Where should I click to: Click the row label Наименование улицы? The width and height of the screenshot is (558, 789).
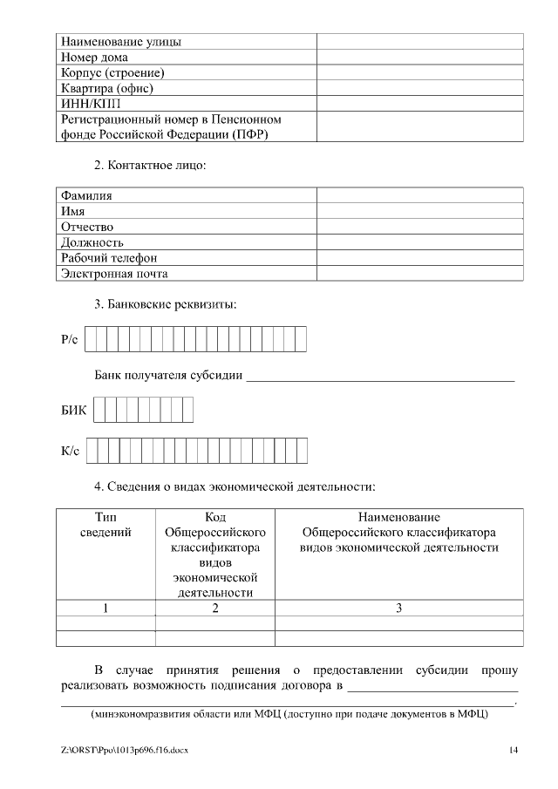tap(121, 41)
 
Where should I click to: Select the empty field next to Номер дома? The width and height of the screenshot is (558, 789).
tap(419, 57)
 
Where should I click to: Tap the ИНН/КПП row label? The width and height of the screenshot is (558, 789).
tap(85, 104)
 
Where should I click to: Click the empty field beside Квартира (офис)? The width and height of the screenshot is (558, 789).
tap(419, 88)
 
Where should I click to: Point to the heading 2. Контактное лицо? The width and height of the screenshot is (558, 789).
tap(150, 166)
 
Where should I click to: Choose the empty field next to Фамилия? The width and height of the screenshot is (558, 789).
tap(419, 195)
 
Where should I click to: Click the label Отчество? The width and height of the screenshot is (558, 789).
tap(87, 227)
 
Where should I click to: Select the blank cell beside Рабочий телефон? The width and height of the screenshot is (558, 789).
tap(419, 258)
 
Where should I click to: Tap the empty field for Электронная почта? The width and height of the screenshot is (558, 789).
tap(419, 274)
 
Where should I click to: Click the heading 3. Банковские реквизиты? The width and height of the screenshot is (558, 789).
tap(165, 305)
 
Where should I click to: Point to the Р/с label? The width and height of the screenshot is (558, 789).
tap(70, 338)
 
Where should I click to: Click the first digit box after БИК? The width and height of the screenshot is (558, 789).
tap(99, 410)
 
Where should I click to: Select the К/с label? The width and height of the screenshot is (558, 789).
tap(70, 451)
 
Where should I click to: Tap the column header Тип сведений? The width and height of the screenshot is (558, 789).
tap(105, 525)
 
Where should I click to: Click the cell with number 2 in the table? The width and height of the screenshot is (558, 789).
tap(214, 609)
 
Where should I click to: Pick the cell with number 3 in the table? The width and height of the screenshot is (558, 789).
tap(398, 609)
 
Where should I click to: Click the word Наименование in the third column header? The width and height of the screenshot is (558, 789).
tap(398, 517)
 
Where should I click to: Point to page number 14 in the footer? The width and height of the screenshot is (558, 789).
tap(514, 750)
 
